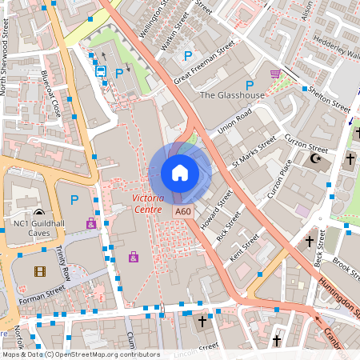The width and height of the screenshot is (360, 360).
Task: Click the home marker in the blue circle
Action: coord(179,173)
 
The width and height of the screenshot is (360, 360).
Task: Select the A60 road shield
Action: coord(183,210)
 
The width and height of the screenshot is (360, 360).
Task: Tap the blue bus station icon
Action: coord(102,70)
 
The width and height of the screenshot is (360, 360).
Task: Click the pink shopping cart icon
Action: coord(275,74)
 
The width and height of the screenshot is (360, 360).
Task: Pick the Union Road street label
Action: coord(234,121)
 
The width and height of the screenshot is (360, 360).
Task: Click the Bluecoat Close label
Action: coord(51,94)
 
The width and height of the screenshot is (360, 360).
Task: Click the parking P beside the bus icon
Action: coord(119,73)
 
